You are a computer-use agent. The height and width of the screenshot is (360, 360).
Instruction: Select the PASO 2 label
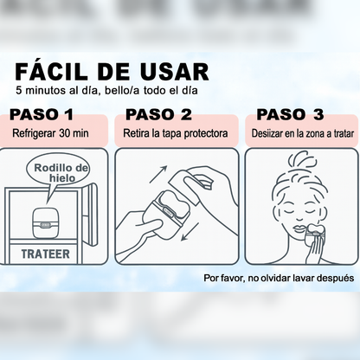click(158, 114)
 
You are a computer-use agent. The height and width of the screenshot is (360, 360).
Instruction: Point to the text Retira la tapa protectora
click(176, 133)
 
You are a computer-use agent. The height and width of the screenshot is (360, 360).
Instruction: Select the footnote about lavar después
click(278, 279)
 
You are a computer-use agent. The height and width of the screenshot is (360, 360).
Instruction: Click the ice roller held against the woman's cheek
click(317, 232)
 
